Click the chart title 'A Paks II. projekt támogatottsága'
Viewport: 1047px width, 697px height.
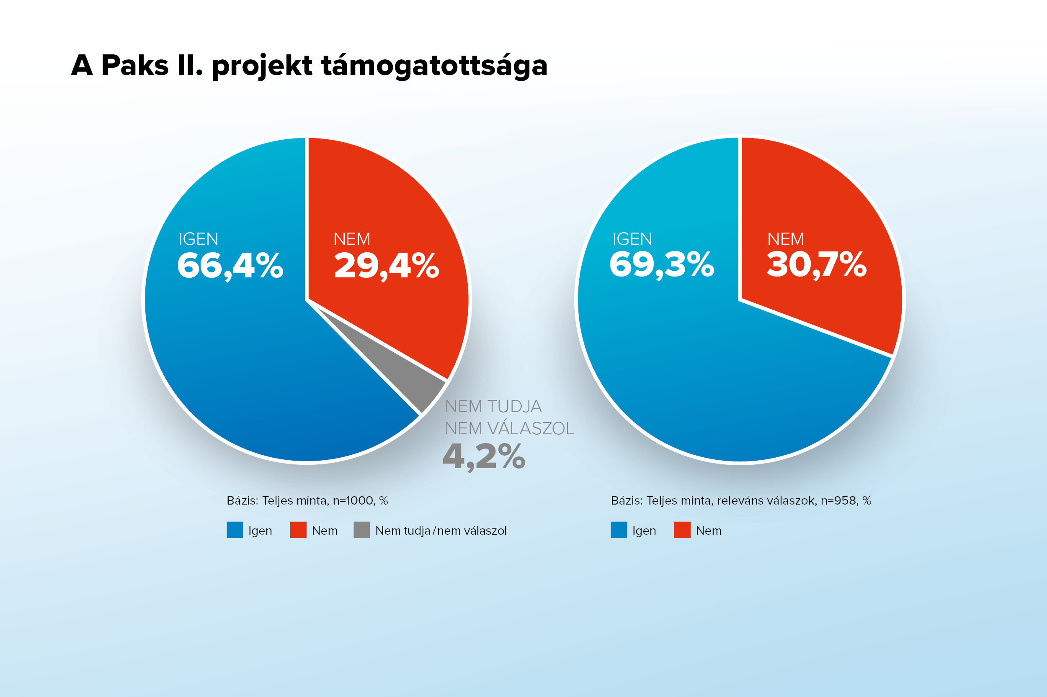(309, 66)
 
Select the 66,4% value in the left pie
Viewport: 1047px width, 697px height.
(230, 266)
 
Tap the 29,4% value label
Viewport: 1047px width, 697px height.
(386, 266)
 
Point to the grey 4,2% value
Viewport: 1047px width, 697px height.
(484, 457)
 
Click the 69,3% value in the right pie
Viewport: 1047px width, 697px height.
(662, 265)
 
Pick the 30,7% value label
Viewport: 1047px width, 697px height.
(817, 265)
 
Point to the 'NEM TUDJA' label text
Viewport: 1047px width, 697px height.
(493, 407)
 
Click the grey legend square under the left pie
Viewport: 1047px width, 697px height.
(362, 530)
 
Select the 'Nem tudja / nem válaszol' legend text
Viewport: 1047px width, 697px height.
(441, 531)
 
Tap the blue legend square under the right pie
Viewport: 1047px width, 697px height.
(619, 530)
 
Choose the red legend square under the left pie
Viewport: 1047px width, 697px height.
(298, 530)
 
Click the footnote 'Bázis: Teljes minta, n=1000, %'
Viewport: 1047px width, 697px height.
(307, 501)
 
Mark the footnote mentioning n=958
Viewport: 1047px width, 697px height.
(741, 501)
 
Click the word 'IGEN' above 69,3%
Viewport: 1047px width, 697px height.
(632, 239)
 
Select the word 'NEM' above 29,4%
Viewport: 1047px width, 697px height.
(351, 239)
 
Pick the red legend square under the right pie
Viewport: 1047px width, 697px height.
(682, 530)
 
